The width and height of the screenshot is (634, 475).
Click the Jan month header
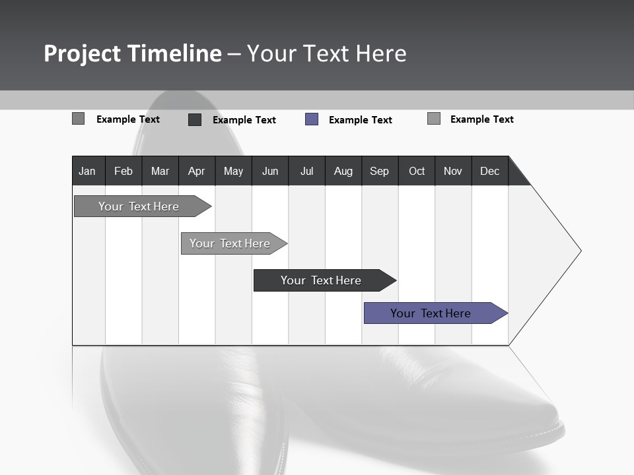tap(87, 171)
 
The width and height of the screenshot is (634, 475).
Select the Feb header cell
tap(123, 171)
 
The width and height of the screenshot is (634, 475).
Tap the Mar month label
tap(160, 171)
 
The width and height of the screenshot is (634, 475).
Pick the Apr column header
tap(196, 171)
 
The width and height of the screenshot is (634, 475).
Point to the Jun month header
tap(270, 171)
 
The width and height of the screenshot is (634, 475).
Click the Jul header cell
tap(306, 171)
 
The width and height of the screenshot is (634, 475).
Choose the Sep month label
tap(379, 171)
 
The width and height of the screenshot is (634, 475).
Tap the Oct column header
tap(417, 171)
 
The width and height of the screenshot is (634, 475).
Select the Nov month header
tap(453, 171)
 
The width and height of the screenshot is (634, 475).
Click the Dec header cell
tap(489, 171)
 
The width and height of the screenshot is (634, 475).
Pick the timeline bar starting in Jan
tap(139, 206)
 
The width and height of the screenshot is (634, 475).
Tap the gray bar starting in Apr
tap(230, 243)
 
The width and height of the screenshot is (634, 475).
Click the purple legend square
tap(312, 119)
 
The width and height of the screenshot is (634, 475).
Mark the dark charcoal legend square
tap(195, 119)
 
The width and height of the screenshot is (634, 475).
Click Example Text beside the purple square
tap(360, 120)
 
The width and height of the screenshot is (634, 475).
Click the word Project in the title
tap(82, 53)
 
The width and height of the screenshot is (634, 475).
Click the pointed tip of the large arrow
tap(579, 251)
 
